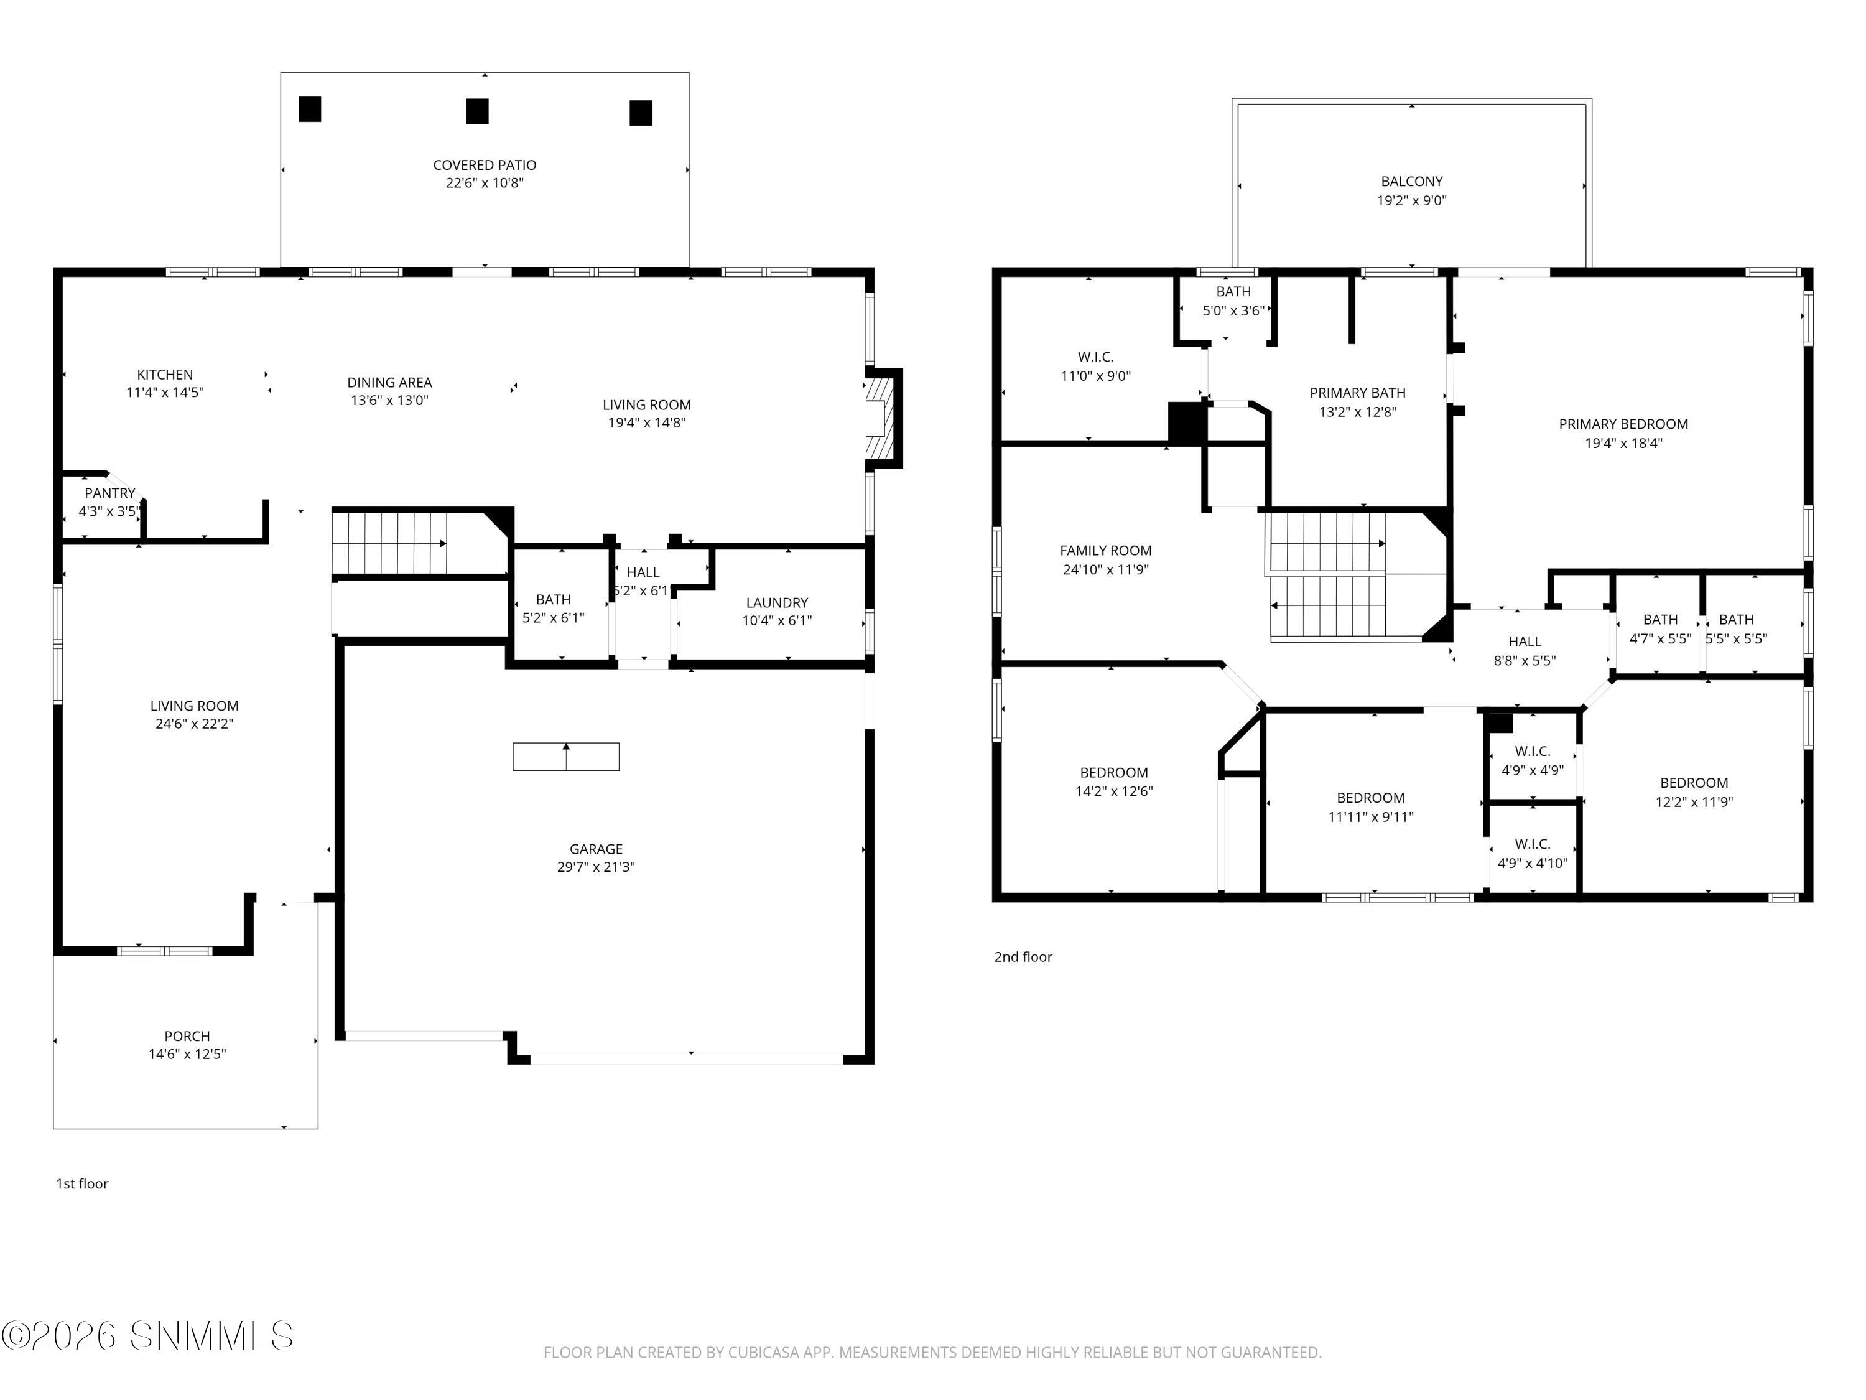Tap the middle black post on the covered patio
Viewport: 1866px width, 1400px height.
pyautogui.click(x=478, y=111)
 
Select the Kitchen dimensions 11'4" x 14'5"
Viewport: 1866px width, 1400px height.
pyautogui.click(x=165, y=393)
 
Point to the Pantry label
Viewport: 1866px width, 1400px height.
pyautogui.click(x=109, y=493)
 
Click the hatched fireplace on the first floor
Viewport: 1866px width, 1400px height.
pyautogui.click(x=880, y=418)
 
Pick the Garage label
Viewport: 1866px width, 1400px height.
pyautogui.click(x=596, y=849)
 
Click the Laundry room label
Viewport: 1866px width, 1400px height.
pyautogui.click(x=776, y=602)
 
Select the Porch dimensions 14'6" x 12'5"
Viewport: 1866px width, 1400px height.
pyautogui.click(x=187, y=1054)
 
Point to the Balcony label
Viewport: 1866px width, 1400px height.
pyautogui.click(x=1411, y=182)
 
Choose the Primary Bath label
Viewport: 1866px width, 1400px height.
pyautogui.click(x=1357, y=393)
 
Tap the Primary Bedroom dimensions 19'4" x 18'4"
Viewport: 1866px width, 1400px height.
pyautogui.click(x=1623, y=443)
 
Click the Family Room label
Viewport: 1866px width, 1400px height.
pyautogui.click(x=1105, y=550)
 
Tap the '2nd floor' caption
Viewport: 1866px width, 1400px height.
pyautogui.click(x=1023, y=957)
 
